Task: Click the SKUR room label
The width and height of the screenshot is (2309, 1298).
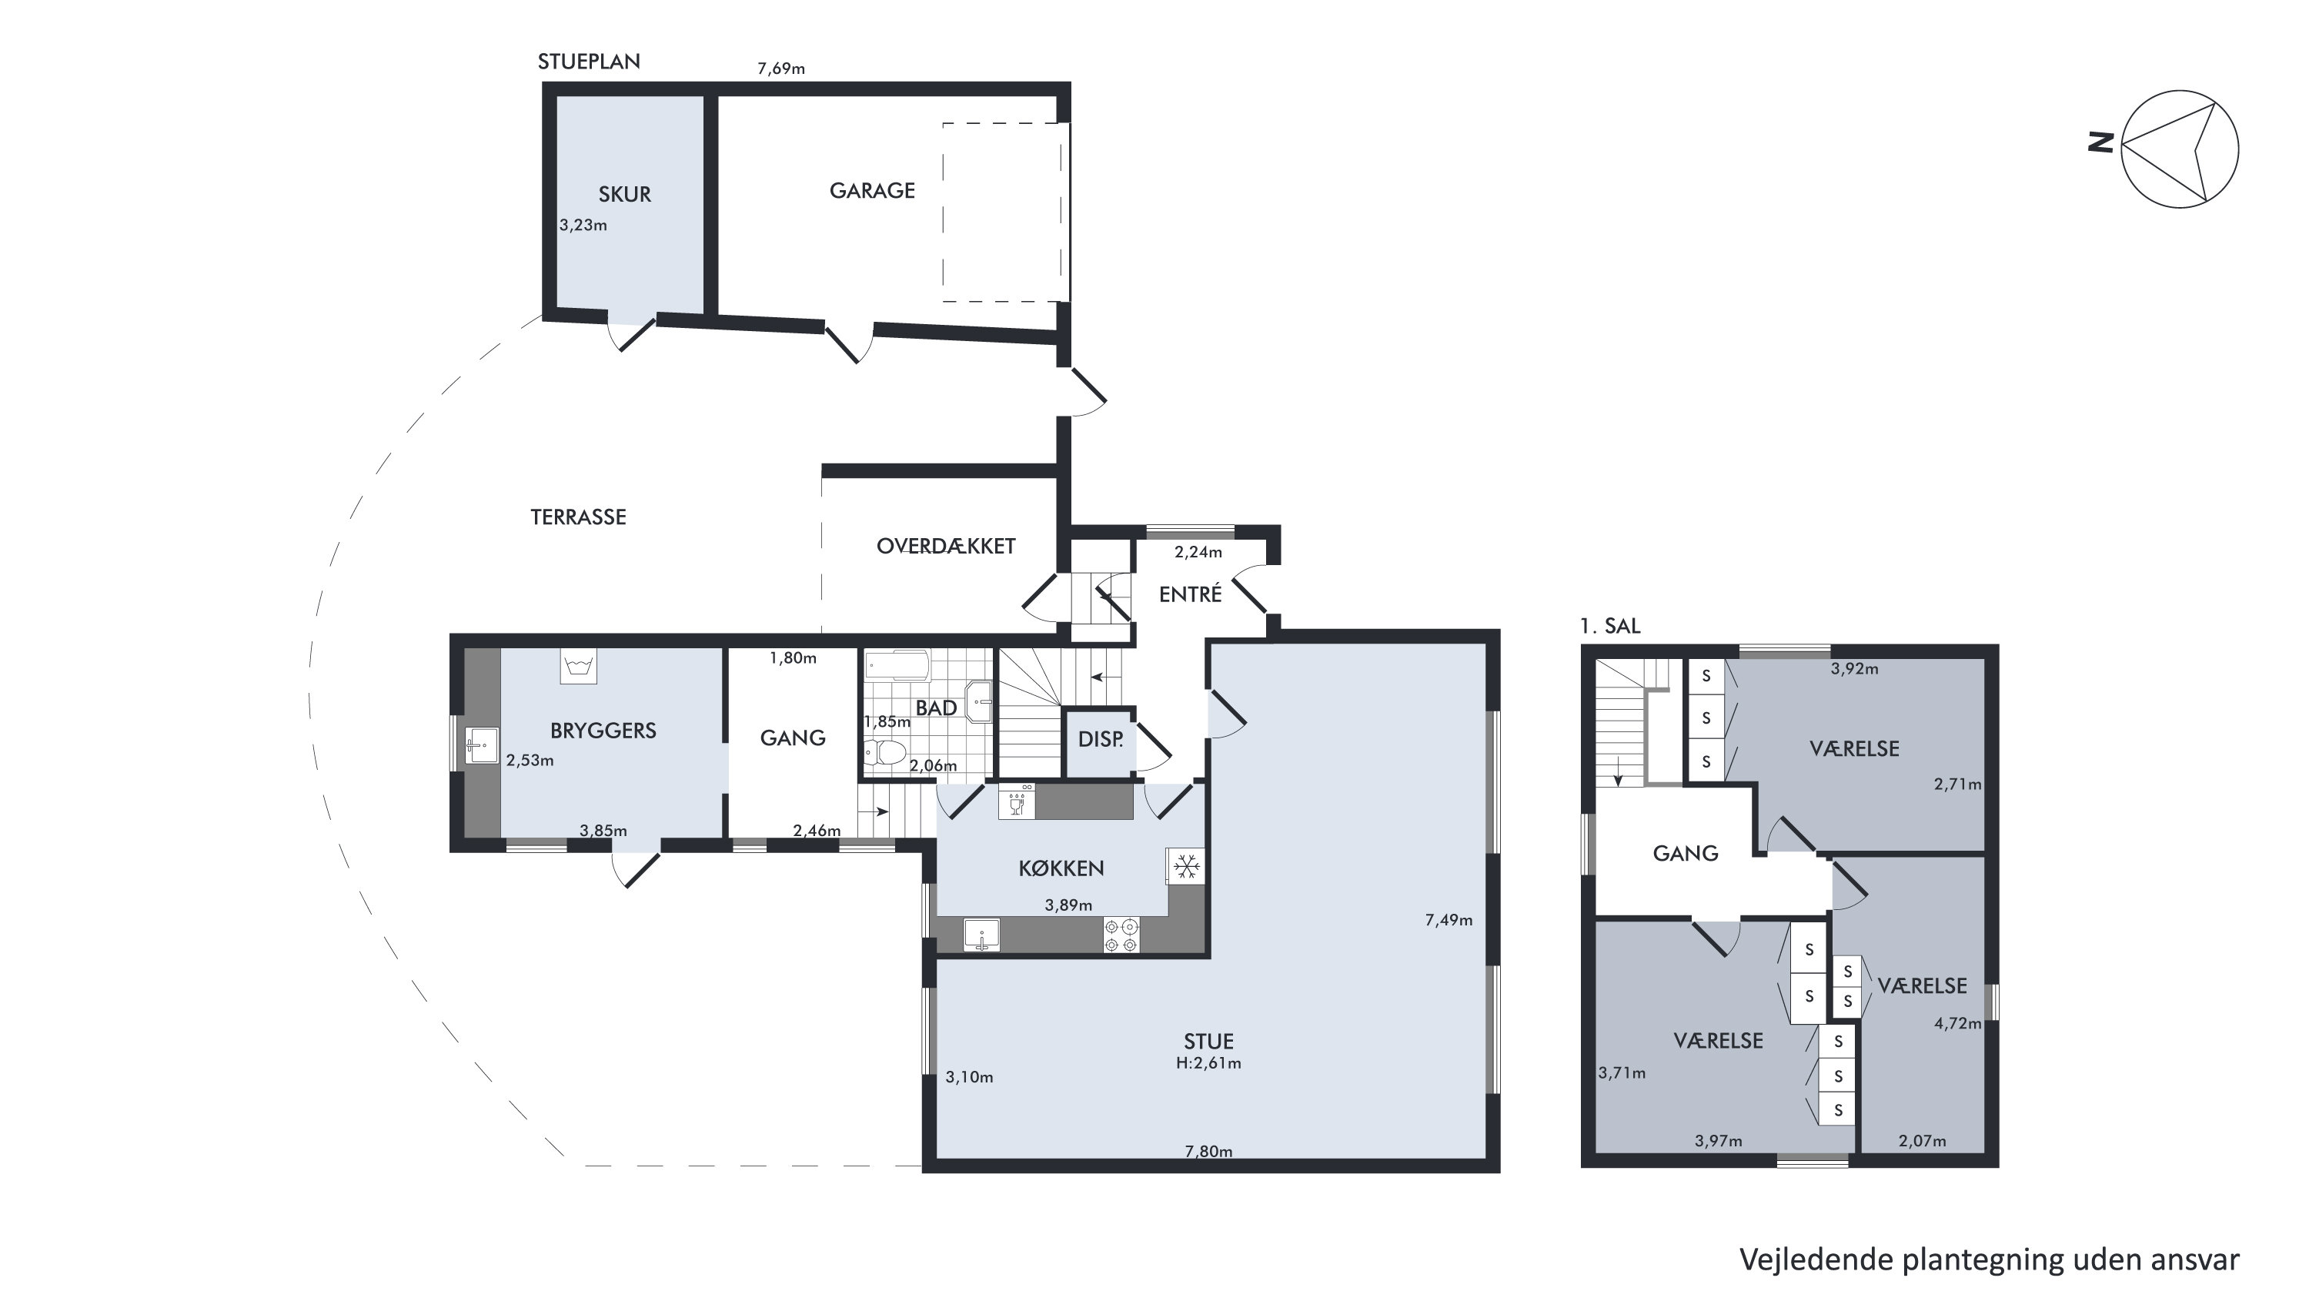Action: point(625,194)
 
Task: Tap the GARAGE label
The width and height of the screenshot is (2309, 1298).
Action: point(872,190)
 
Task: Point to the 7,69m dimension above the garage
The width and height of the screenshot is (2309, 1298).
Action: point(780,68)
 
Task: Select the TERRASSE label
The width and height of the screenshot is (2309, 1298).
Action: point(578,517)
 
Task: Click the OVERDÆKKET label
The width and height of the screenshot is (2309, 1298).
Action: point(946,546)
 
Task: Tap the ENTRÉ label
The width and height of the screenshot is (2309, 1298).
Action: point(1191,594)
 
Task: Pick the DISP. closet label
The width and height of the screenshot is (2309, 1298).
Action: point(1100,740)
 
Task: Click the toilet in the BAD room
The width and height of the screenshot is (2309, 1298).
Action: point(886,751)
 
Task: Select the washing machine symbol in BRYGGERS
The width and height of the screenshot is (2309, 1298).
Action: point(578,666)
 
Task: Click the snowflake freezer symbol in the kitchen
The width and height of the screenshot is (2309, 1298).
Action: point(1187,866)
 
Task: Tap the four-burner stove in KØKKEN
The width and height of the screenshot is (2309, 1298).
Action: point(1121,934)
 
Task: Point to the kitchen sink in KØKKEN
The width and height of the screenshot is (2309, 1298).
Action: point(981,934)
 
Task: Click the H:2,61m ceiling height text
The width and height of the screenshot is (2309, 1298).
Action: point(1208,1063)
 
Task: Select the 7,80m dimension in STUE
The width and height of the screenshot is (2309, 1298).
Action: point(1208,1151)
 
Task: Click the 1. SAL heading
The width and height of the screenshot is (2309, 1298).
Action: point(1610,626)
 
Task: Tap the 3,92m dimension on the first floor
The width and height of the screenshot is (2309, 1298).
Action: point(1855,669)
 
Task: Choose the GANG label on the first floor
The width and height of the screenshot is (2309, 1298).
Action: point(1685,853)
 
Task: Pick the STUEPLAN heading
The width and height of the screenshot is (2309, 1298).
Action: point(589,61)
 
